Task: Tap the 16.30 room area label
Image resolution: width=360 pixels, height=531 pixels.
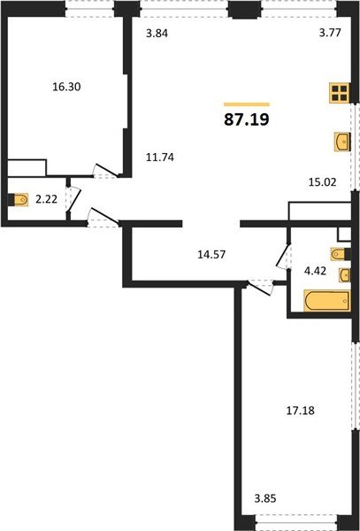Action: pos(67,88)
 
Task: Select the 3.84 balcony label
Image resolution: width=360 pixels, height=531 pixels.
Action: pos(157,34)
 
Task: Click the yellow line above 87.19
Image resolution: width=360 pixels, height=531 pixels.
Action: pos(246,104)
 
